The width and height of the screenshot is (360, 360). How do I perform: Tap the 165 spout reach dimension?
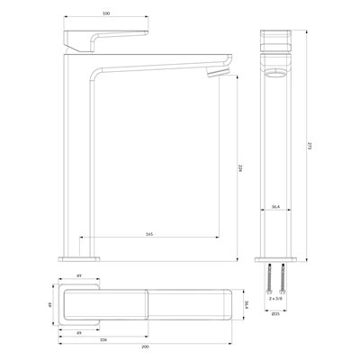click(148, 234)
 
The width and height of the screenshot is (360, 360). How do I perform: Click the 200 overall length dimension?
click(145, 347)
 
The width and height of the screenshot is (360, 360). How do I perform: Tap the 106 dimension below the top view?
click(104, 339)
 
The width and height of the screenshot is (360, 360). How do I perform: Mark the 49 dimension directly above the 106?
click(80, 331)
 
